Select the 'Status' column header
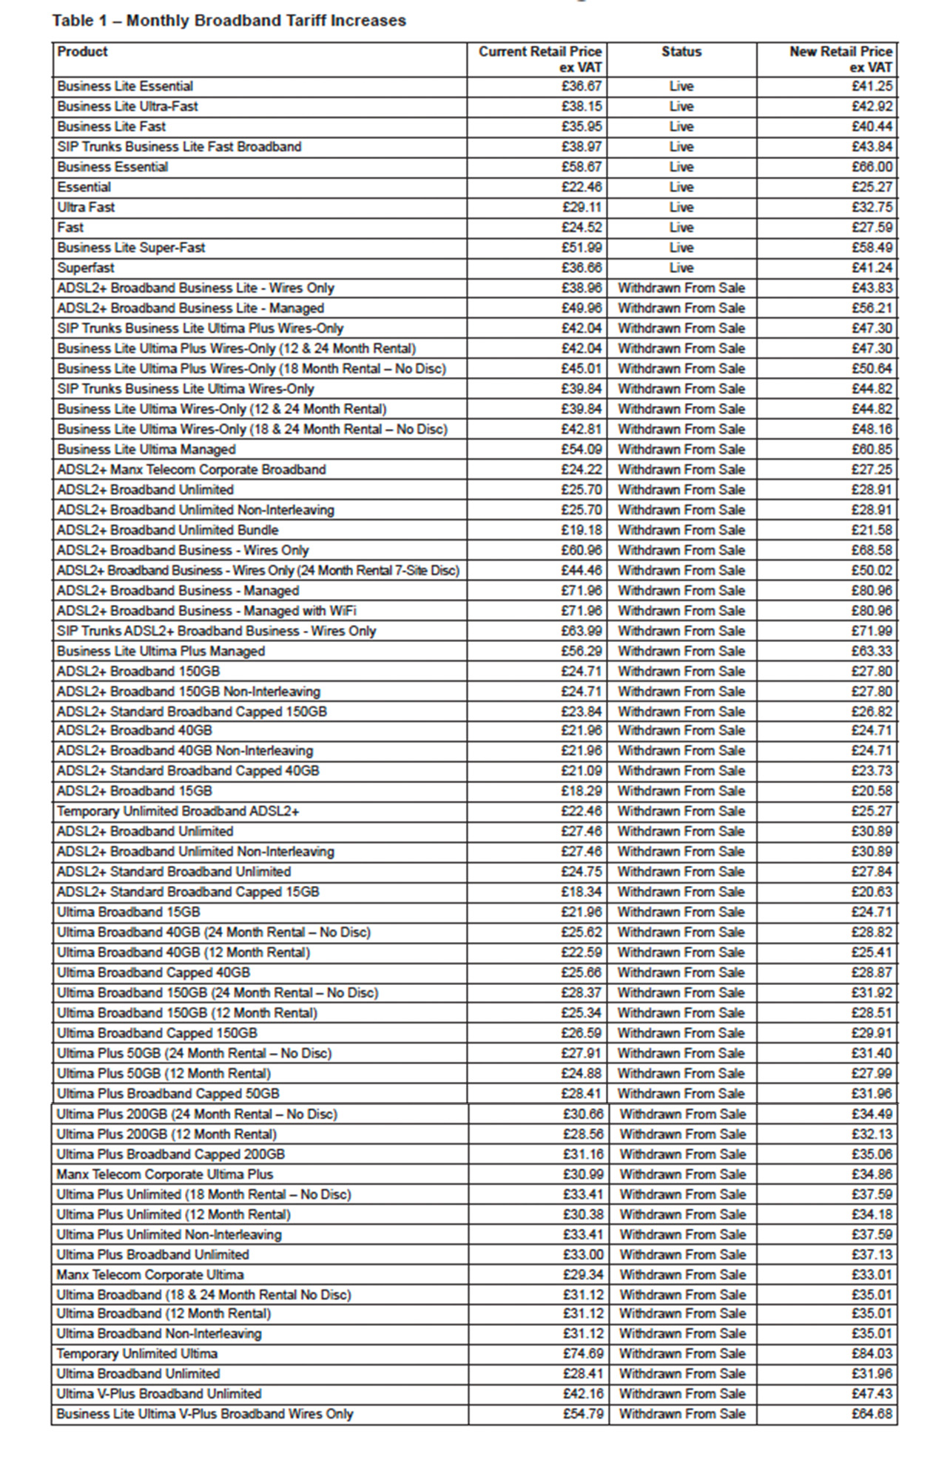[x=681, y=52]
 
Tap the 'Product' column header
[x=82, y=52]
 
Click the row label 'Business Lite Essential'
[x=125, y=87]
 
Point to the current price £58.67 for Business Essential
[x=581, y=167]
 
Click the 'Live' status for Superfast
[x=681, y=268]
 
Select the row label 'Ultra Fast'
[x=86, y=207]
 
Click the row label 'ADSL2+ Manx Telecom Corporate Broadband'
[x=191, y=470]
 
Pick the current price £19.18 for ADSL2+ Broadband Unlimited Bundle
[x=581, y=530]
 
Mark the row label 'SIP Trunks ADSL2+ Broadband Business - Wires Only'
[x=216, y=631]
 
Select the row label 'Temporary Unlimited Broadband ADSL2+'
[x=178, y=811]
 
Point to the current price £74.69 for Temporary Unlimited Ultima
[x=582, y=1354]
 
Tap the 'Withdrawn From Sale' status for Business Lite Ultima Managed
[x=681, y=450]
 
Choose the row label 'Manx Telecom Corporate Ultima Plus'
[x=164, y=1174]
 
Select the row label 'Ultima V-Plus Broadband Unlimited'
[x=158, y=1394]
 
